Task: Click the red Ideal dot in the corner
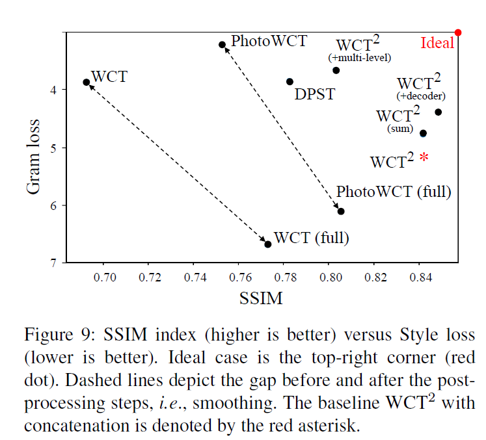pos(458,32)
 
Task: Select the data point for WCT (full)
pos(267,244)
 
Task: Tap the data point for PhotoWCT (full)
pos(341,211)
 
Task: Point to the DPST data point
pos(290,81)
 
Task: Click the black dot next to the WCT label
pos(87,82)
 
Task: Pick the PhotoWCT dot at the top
pos(222,44)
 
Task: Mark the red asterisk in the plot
pos(424,157)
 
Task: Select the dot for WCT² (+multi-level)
pos(336,70)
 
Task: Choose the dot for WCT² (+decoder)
pos(438,112)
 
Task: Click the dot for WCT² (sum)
pos(423,133)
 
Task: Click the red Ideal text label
pos(437,44)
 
